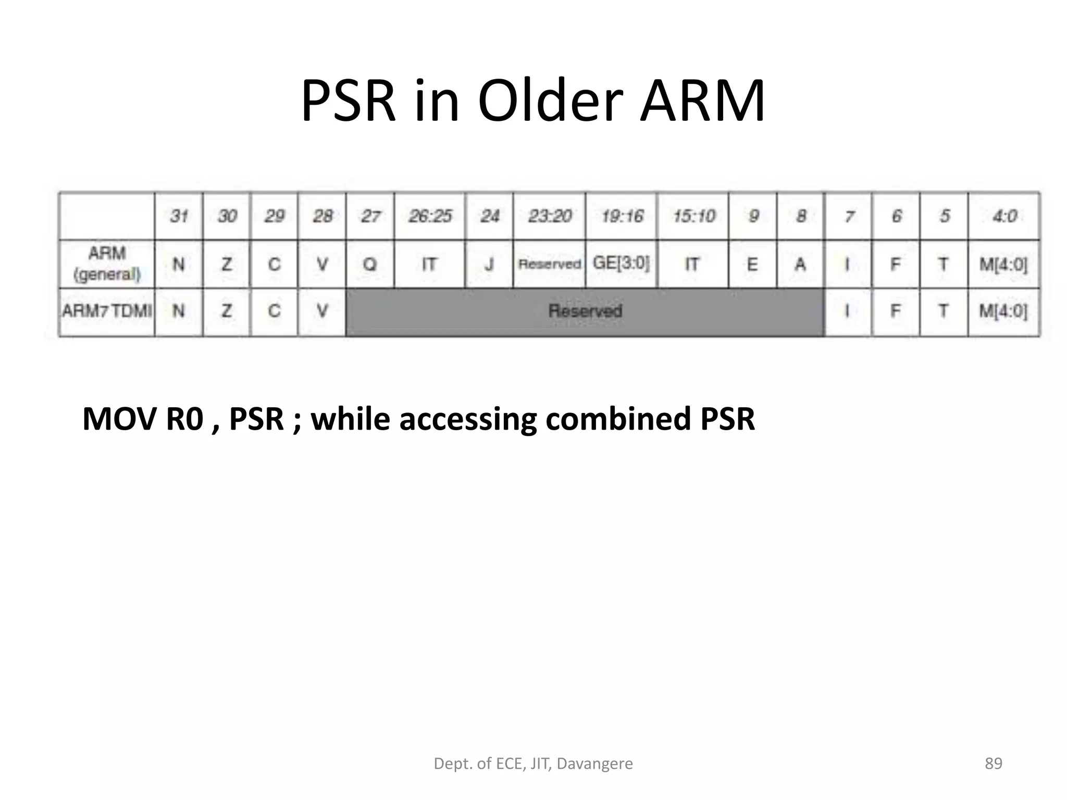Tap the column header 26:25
(430, 216)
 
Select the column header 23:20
(550, 216)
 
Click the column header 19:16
(622, 216)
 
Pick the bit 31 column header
(179, 216)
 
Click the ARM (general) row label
(107, 264)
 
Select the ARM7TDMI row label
(107, 311)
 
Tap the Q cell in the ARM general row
(370, 264)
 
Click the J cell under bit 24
(489, 264)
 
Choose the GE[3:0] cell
(622, 263)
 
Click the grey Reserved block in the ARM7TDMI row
(585, 311)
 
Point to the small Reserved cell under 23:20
(550, 264)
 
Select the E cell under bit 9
(753, 264)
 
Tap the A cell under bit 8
(801, 264)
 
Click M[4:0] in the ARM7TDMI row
(1003, 311)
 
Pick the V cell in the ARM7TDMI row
(322, 311)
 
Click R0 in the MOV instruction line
(184, 419)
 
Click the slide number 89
(994, 764)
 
